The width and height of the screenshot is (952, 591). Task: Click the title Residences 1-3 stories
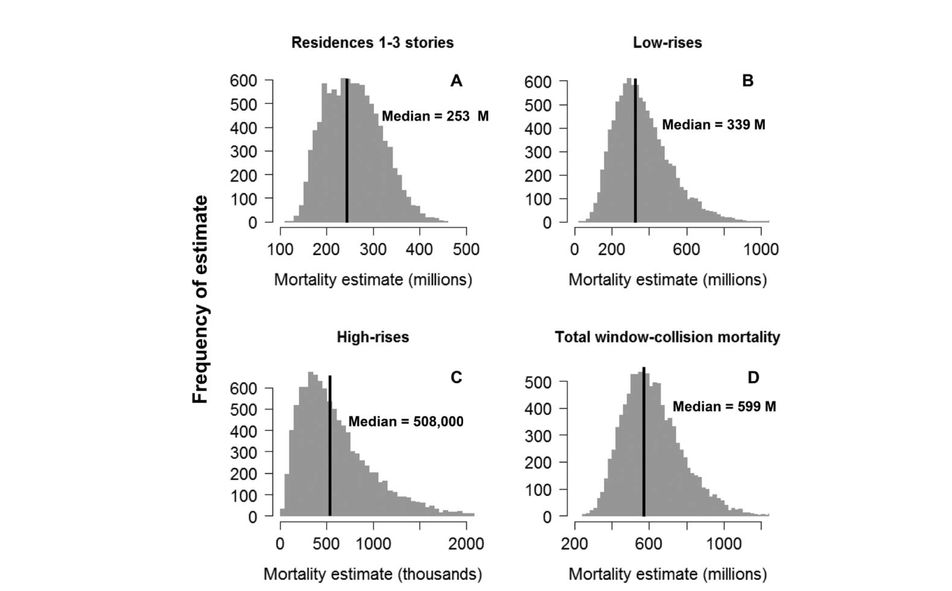click(x=373, y=42)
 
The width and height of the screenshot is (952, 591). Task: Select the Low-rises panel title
click(x=667, y=42)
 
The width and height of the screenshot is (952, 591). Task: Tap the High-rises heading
click(x=373, y=337)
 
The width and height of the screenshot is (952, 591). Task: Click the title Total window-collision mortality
click(x=667, y=337)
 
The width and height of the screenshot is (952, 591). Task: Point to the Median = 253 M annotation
click(x=435, y=116)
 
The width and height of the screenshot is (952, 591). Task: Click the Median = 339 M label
click(x=713, y=125)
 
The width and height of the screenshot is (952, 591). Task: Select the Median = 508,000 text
click(x=406, y=422)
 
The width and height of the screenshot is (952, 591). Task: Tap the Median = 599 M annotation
click(x=724, y=407)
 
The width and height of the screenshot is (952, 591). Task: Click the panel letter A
click(x=456, y=81)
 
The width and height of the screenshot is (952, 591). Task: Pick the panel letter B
click(x=747, y=81)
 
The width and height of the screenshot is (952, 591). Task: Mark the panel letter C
click(x=456, y=377)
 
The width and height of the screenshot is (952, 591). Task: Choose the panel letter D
click(x=753, y=377)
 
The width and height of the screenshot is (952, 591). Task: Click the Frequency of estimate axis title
click(x=200, y=299)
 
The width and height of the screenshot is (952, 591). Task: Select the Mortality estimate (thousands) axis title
click(x=373, y=574)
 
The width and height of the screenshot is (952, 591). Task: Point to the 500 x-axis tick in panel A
click(x=466, y=249)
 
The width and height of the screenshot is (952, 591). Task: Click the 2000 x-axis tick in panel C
click(x=466, y=544)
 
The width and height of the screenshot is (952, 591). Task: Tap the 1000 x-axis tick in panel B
click(x=761, y=249)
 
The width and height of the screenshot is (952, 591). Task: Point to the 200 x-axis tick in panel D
click(x=575, y=544)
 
